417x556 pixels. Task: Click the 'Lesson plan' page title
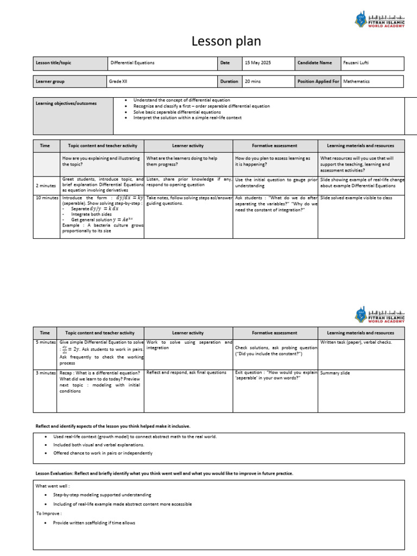point(226,41)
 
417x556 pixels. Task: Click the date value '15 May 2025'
point(257,63)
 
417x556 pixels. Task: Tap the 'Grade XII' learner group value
point(121,81)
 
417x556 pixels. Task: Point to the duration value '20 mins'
point(253,81)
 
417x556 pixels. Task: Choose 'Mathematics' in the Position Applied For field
point(356,81)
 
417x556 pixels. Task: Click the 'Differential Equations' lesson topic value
point(132,63)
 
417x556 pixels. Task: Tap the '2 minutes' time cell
point(46,185)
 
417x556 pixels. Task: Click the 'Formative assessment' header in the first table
point(275,146)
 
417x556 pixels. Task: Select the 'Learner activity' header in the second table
point(188,333)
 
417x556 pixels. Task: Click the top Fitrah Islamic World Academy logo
point(380,21)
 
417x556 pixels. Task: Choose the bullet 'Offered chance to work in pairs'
point(103,453)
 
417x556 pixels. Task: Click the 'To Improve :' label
point(49,513)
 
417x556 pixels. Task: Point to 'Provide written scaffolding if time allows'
point(94,523)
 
